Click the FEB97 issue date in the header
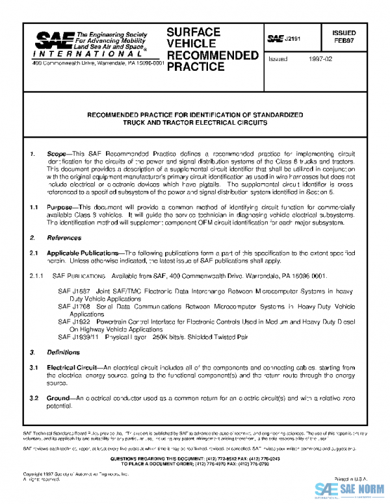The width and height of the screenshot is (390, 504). click(x=344, y=40)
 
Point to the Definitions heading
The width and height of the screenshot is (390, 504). click(x=63, y=353)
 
